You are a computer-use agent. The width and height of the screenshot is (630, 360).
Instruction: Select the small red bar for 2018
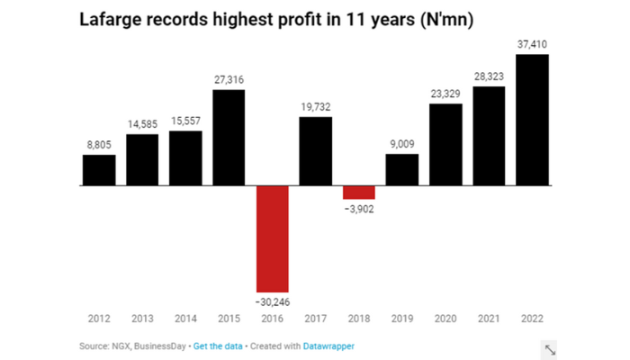tap(358, 193)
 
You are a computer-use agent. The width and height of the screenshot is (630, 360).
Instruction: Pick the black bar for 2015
tap(229, 138)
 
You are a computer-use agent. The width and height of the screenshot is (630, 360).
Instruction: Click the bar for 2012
tap(99, 170)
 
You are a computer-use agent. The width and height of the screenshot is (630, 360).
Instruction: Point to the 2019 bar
tap(401, 169)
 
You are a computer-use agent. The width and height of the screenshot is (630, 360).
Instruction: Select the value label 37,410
tap(531, 45)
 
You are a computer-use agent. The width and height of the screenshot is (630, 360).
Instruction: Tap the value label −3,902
tap(358, 210)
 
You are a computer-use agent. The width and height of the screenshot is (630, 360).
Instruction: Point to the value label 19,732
tap(315, 107)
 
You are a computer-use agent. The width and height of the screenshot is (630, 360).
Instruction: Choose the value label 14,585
tap(142, 124)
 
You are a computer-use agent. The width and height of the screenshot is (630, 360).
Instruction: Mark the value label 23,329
tap(445, 94)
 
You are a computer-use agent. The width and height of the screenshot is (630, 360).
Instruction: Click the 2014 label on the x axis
tap(185, 319)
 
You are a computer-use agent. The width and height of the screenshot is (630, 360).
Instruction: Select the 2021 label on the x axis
tap(488, 319)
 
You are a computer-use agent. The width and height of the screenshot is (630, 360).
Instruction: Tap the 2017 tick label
tap(315, 319)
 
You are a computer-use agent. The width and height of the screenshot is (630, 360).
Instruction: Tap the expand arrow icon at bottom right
tap(549, 349)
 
